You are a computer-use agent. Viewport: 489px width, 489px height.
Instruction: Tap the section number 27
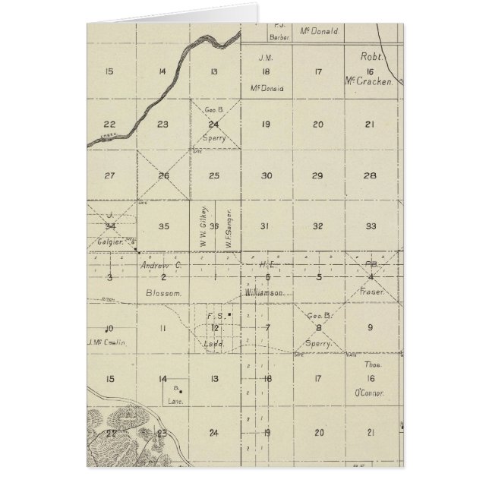coord(109,175)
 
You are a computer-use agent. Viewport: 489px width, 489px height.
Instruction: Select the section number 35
coord(162,226)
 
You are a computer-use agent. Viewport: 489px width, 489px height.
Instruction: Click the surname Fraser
coord(370,292)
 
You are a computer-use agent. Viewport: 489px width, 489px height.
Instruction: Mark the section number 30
coord(266,175)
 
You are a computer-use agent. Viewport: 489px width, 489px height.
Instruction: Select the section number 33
coord(370,226)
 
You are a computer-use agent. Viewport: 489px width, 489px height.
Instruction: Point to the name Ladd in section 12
coord(215,342)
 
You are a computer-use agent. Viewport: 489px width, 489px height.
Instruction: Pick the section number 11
coord(162,327)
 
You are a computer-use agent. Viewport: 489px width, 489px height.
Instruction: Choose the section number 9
coord(370,327)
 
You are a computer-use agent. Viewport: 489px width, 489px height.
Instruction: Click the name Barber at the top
coord(276,35)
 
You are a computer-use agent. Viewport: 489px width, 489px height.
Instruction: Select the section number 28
coord(370,175)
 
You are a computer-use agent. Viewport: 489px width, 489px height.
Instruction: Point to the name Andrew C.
coord(160,266)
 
